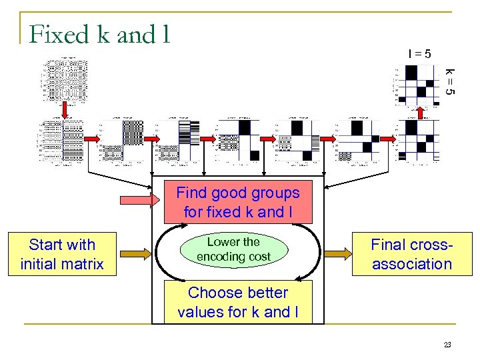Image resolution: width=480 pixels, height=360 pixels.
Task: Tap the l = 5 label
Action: point(419,53)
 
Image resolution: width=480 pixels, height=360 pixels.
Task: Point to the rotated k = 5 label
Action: point(450,81)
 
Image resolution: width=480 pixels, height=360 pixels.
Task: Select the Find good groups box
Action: point(238,203)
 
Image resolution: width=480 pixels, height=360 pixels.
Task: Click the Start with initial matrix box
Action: point(62,254)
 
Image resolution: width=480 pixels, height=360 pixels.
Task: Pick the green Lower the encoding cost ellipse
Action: point(233,249)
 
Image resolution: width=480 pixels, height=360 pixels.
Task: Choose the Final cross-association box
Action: point(411,254)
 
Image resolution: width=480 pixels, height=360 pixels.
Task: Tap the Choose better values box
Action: point(238,302)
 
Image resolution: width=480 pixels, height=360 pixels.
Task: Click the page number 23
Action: point(447,345)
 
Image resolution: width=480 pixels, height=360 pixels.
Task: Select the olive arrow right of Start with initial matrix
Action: point(133,253)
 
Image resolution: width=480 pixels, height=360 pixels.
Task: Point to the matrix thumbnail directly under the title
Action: point(65,80)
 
